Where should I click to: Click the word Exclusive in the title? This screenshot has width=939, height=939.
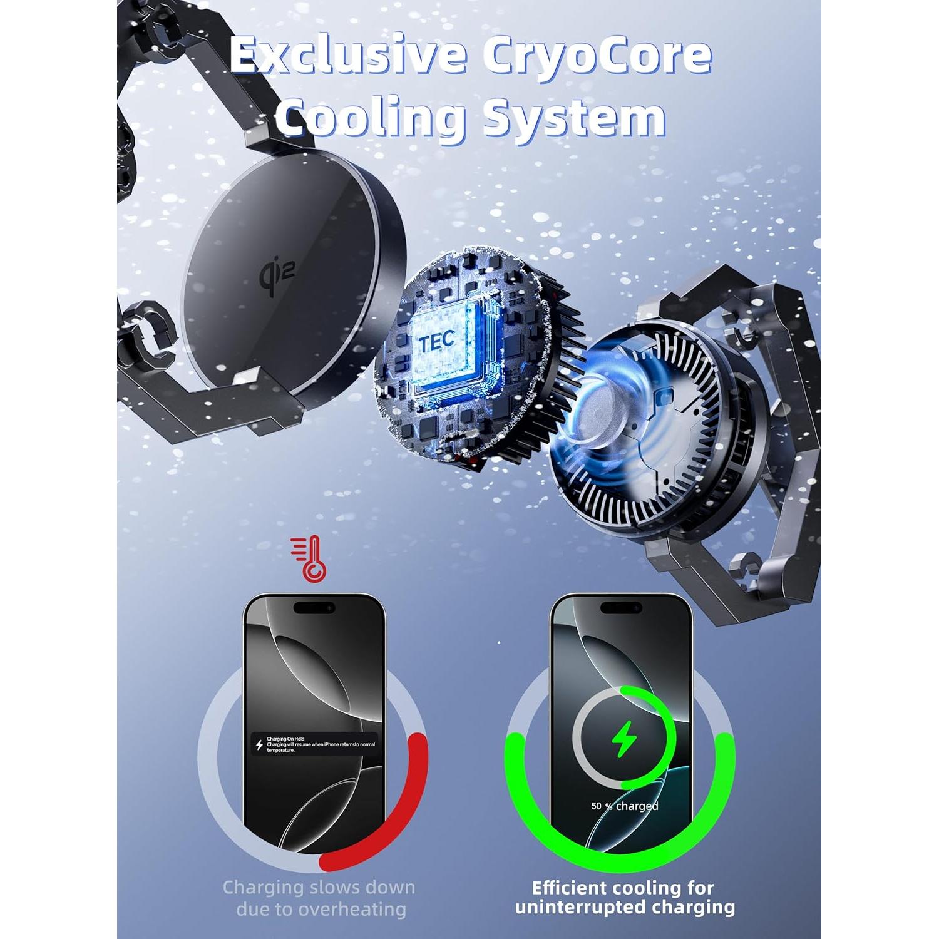[x=347, y=55]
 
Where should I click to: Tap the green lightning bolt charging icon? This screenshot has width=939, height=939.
[x=623, y=741]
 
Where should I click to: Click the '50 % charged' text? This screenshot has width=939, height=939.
[x=624, y=806]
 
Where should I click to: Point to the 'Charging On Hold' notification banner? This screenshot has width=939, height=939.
[x=315, y=744]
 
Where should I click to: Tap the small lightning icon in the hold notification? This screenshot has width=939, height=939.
[x=259, y=745]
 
